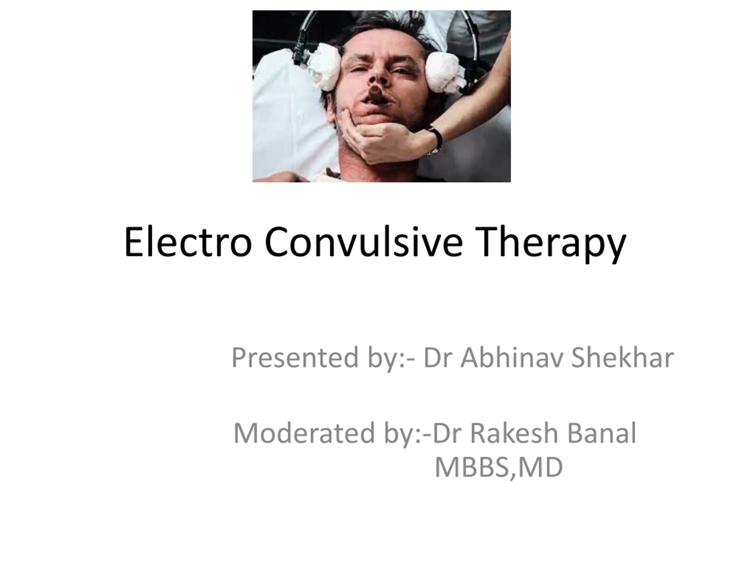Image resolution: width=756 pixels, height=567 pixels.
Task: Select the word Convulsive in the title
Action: click(364, 242)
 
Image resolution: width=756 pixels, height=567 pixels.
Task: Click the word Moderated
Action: click(304, 433)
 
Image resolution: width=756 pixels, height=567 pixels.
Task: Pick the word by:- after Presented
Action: click(392, 359)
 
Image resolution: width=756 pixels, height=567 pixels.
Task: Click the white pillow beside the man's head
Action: click(291, 113)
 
